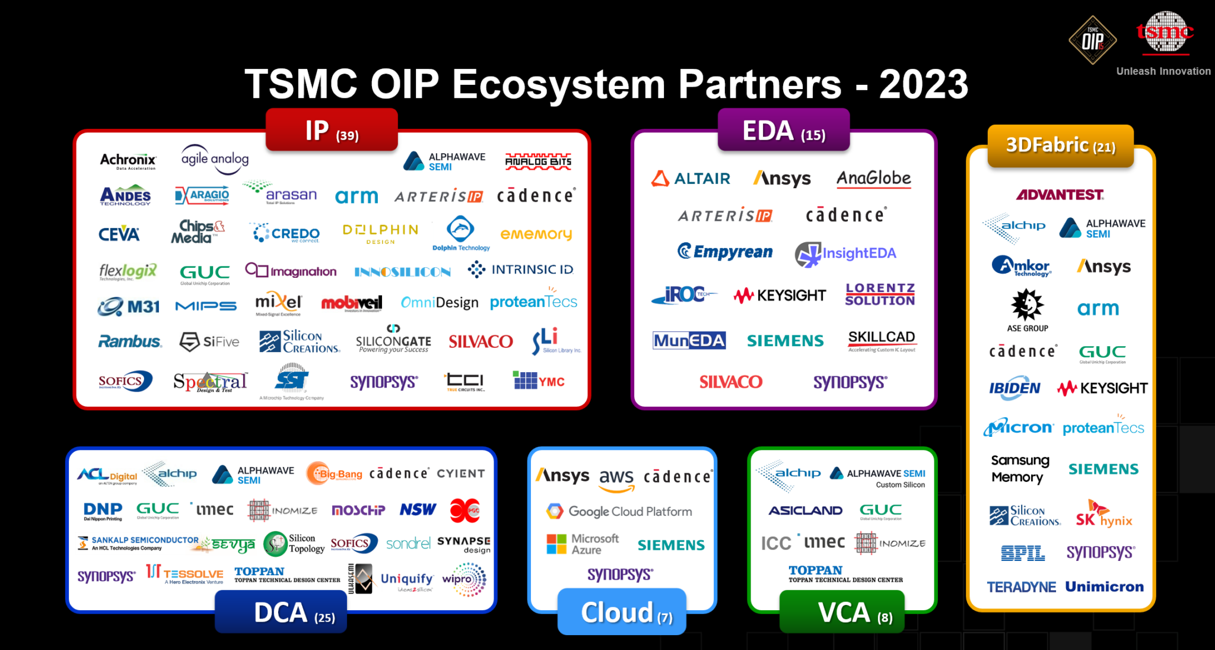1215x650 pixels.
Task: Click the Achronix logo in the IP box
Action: (128, 160)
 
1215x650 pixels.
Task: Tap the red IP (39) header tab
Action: (332, 131)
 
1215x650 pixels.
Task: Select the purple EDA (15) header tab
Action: (783, 131)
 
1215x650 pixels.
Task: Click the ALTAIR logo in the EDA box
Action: (691, 179)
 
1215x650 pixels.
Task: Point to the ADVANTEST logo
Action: (1060, 195)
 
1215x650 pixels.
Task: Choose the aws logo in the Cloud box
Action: (616, 479)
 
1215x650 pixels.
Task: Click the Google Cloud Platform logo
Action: (619, 511)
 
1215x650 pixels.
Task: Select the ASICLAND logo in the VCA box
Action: (805, 511)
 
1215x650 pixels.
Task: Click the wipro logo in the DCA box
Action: (464, 579)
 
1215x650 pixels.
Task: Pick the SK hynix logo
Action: (1103, 515)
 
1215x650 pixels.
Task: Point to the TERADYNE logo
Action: (1021, 587)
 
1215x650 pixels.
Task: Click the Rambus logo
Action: (129, 342)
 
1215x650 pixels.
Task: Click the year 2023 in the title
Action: (923, 84)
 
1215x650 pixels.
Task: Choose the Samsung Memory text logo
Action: (1019, 468)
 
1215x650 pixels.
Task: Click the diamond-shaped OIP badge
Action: (1092, 40)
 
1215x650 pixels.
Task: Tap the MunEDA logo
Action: (689, 341)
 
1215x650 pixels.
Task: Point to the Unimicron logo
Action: (1104, 587)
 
